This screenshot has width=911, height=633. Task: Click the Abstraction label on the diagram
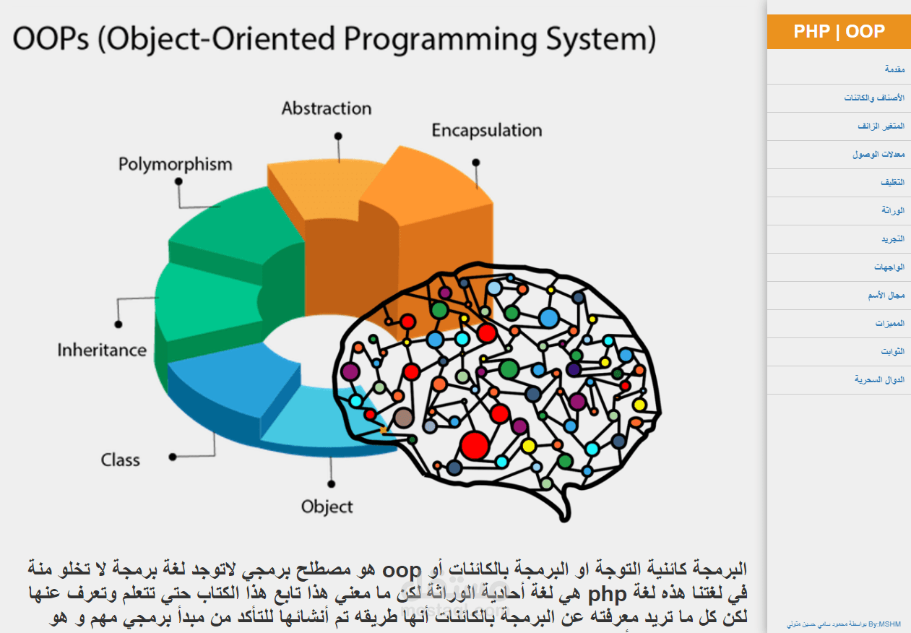[x=327, y=108]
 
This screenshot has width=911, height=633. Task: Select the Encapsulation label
[x=486, y=131]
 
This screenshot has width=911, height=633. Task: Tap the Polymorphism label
[x=176, y=164]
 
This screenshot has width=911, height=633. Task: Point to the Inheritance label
[x=102, y=350]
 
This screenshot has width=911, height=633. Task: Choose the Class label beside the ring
[x=121, y=460]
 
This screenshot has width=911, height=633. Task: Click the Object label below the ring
[x=327, y=507]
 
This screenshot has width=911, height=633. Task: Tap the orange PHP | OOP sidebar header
[x=839, y=32]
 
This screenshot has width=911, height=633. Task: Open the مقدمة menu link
[x=894, y=70]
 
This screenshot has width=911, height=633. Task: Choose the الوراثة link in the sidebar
[x=893, y=210]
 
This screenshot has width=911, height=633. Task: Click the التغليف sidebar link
[x=892, y=183]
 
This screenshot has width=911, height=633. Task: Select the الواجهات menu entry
[x=889, y=267]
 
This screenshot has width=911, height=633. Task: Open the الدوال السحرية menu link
[x=879, y=379]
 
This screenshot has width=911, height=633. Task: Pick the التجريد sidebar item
[x=892, y=238]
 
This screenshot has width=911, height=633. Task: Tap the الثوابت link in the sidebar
[x=892, y=351]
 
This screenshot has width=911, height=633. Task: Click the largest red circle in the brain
[x=475, y=445]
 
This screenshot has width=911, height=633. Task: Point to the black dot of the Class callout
[x=173, y=457]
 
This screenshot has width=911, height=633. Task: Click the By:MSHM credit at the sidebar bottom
[x=836, y=623]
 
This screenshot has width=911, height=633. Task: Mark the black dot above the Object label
[x=331, y=483]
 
